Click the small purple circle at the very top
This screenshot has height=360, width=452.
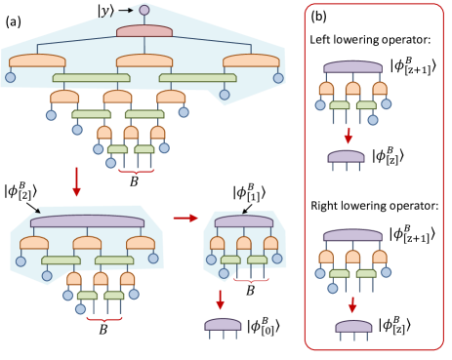pyautogui.click(x=144, y=10)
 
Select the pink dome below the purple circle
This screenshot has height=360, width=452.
pyautogui.click(x=144, y=31)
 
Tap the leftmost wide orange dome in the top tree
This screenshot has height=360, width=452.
pyautogui.click(x=37, y=60)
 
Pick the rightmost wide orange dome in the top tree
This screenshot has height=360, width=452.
pyautogui.click(x=251, y=60)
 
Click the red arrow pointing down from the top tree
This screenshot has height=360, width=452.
pyautogui.click(x=77, y=181)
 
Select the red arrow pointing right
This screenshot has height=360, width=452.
pyautogui.click(x=185, y=218)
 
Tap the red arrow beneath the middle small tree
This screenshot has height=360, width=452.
pyautogui.click(x=221, y=300)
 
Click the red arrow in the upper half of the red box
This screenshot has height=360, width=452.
pyautogui.click(x=348, y=136)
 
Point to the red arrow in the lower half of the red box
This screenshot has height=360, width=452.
pyautogui.click(x=352, y=304)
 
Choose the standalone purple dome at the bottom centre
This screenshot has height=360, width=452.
pyautogui.click(x=223, y=324)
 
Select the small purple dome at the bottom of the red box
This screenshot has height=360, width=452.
pyautogui.click(x=353, y=327)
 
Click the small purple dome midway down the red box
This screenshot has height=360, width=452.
pyautogui.click(x=346, y=156)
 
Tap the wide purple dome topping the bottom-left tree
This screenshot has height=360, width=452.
pyautogui.click(x=87, y=221)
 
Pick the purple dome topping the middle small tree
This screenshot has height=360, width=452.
pyautogui.click(x=244, y=221)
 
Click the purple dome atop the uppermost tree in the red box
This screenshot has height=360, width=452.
pyautogui.click(x=352, y=67)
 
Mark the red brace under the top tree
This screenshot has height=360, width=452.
pyautogui.click(x=137, y=172)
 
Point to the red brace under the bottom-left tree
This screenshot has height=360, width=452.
pyautogui.click(x=103, y=319)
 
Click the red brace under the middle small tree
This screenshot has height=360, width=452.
pyautogui.click(x=251, y=280)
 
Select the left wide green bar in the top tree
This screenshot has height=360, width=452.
pyautogui.click(x=91, y=78)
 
